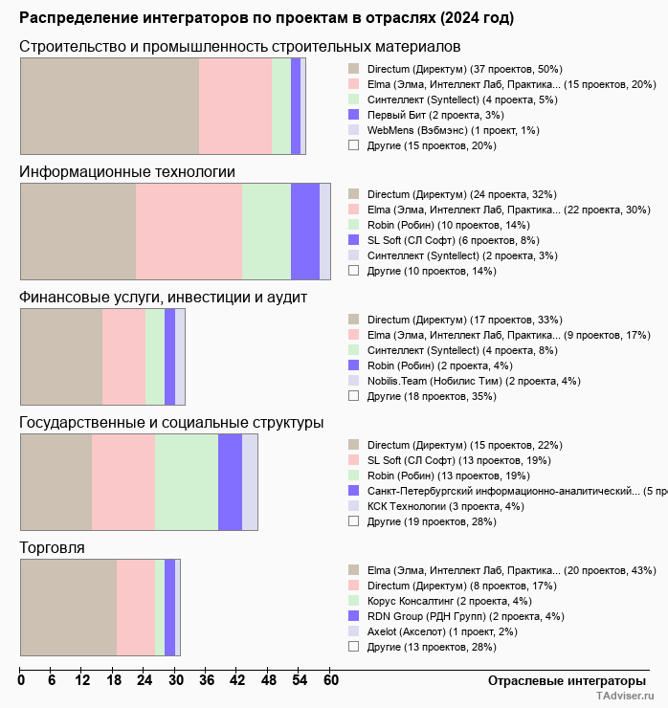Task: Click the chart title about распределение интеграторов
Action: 266,18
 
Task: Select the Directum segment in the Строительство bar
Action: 109,105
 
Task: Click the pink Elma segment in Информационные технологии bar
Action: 189,231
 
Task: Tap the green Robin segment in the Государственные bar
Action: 187,481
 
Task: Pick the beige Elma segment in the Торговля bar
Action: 68,607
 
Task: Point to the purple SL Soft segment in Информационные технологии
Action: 304,231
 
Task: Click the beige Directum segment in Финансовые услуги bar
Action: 61,356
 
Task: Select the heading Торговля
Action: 52,547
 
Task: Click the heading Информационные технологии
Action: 127,171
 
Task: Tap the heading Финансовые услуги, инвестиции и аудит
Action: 163,297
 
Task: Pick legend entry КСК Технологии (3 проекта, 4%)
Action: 445,506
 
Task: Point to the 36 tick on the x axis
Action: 206,681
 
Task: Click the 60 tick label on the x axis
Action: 330,681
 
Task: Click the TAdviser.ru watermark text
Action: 625,697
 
